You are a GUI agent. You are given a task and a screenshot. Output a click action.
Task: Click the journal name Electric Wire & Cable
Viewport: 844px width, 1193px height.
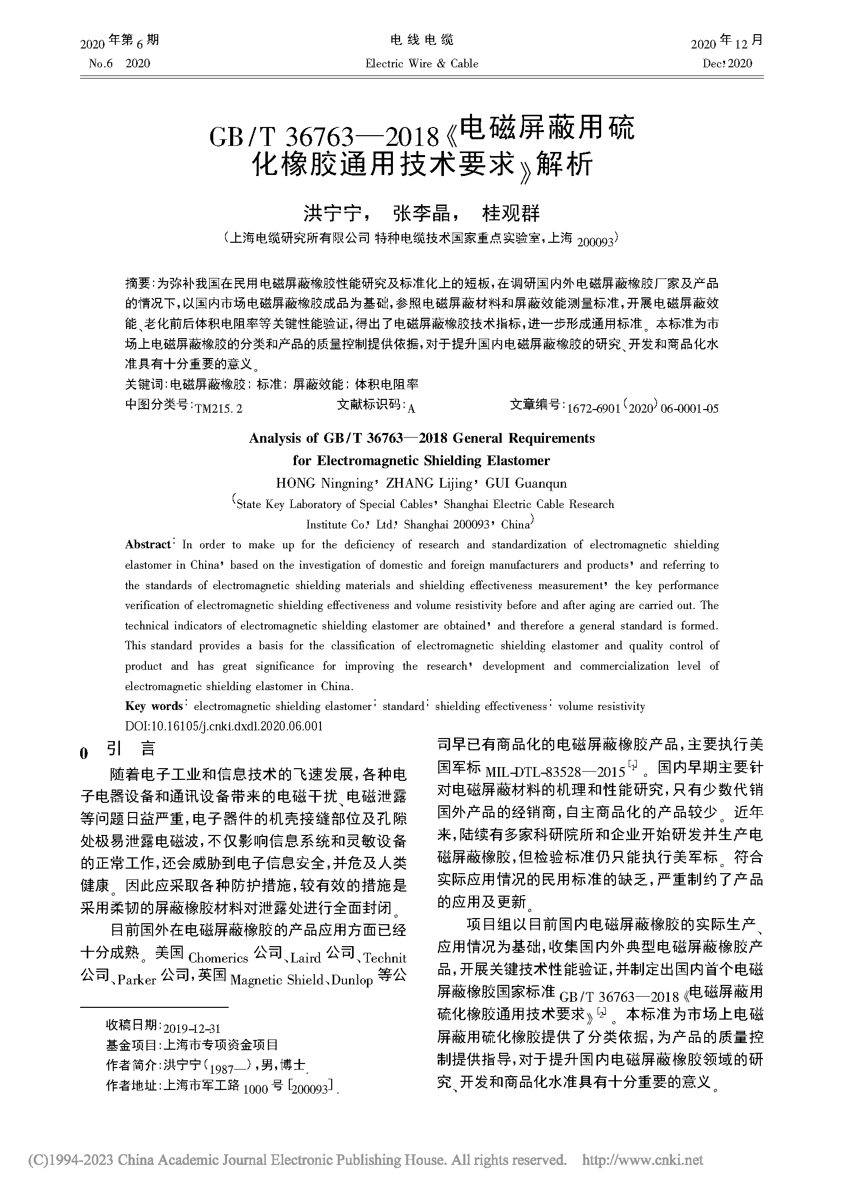click(x=421, y=63)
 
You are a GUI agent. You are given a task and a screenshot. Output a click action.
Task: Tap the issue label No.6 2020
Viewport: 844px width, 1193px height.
click(x=119, y=63)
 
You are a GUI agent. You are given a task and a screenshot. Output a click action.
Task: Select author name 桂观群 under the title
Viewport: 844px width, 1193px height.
click(x=511, y=213)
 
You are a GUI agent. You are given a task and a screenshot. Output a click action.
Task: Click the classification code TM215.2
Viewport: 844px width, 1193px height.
click(x=218, y=409)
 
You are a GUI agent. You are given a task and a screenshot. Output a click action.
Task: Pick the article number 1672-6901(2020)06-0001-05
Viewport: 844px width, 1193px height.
click(x=642, y=409)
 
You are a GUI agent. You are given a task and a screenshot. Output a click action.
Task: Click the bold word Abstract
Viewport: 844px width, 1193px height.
click(x=147, y=545)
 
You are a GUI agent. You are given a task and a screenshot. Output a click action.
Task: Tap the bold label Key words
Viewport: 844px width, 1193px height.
click(x=154, y=706)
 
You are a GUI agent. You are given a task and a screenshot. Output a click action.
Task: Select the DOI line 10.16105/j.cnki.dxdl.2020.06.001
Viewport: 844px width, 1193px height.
click(x=224, y=726)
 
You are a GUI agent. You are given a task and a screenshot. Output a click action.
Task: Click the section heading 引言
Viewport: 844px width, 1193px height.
click(x=131, y=749)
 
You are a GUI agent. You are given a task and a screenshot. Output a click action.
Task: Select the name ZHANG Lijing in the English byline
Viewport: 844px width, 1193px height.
click(x=428, y=483)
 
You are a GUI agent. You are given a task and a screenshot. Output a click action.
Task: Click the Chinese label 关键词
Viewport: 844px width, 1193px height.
click(x=143, y=385)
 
